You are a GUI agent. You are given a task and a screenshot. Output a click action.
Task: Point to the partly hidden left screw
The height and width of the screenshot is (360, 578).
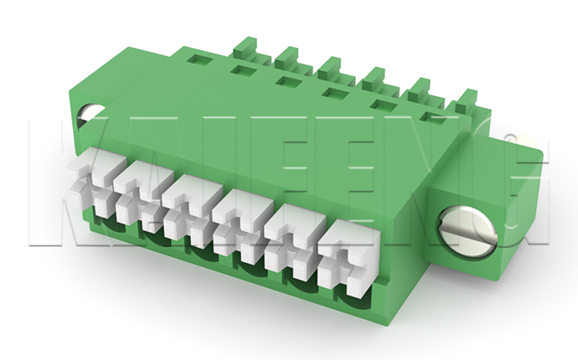(x=87, y=116)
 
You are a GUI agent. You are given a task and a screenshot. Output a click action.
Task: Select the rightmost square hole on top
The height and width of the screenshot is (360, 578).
(x=432, y=118)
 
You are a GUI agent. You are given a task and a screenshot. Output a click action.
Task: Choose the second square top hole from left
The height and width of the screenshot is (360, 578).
(x=243, y=70)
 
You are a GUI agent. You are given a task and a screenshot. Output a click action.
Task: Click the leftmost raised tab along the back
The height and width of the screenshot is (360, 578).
(x=247, y=43)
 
